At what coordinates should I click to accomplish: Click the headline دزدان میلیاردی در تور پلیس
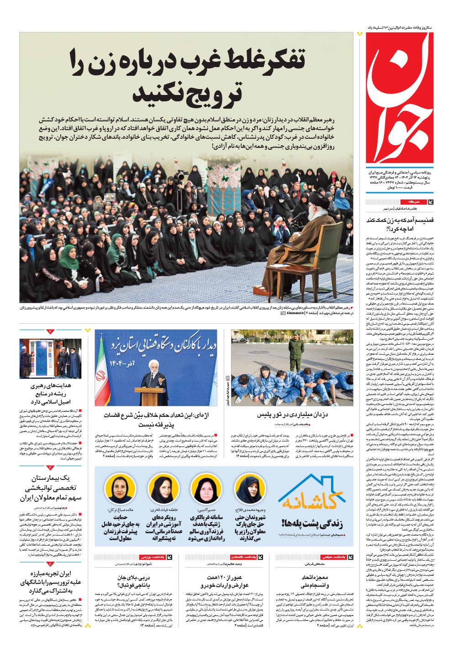click(x=292, y=415)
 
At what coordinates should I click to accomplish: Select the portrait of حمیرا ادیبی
click(x=205, y=488)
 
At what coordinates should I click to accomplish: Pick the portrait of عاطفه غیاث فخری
click(x=162, y=488)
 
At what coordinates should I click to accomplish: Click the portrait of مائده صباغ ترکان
click(x=119, y=488)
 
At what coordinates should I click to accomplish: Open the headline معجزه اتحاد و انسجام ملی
click(x=315, y=581)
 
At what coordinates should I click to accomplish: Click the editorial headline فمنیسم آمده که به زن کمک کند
click(x=400, y=224)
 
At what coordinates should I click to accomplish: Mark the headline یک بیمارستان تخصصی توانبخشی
click(x=50, y=488)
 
